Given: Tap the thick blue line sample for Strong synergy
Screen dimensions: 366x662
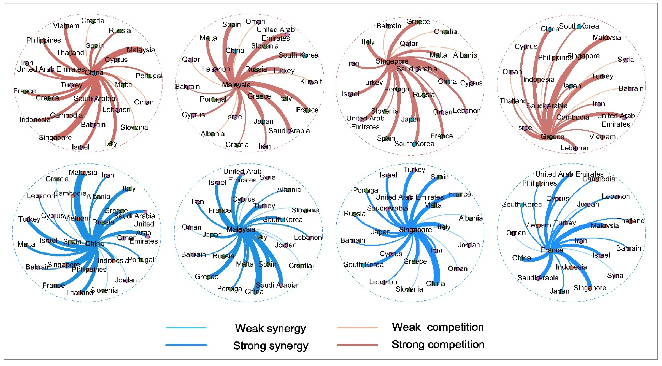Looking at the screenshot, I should pos(186,345).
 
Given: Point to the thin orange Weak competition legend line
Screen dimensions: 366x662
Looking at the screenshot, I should pos(357,328).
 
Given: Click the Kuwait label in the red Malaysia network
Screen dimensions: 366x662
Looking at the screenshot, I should pos(311,82).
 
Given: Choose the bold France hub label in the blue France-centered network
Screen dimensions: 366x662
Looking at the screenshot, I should pos(552,250).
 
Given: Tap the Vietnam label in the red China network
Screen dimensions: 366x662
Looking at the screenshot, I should pos(66,26).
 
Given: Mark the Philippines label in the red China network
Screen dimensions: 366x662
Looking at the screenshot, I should pos(44,40).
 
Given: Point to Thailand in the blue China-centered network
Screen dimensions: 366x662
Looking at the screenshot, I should pos(79,292).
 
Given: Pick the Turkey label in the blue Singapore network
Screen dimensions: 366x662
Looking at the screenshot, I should pos(414,170).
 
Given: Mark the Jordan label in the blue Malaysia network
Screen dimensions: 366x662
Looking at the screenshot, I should pos(285,245).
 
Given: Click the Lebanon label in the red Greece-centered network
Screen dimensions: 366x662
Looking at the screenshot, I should pos(574,148).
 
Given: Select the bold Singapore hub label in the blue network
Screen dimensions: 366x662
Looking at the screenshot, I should pos(415,230).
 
